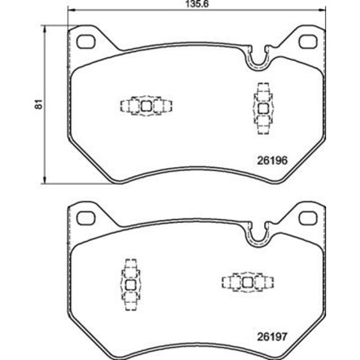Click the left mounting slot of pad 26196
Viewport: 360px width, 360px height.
(84, 41)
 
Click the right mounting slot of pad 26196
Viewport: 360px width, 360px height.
(308, 41)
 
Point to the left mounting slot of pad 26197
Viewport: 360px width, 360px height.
(84, 218)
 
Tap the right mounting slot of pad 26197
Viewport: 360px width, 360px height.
(308, 218)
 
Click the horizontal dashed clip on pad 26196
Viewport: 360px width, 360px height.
(143, 107)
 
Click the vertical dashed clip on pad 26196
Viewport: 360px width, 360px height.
(263, 108)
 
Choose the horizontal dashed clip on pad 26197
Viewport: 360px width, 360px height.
(246, 282)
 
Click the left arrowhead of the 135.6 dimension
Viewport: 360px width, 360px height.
(70, 14)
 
